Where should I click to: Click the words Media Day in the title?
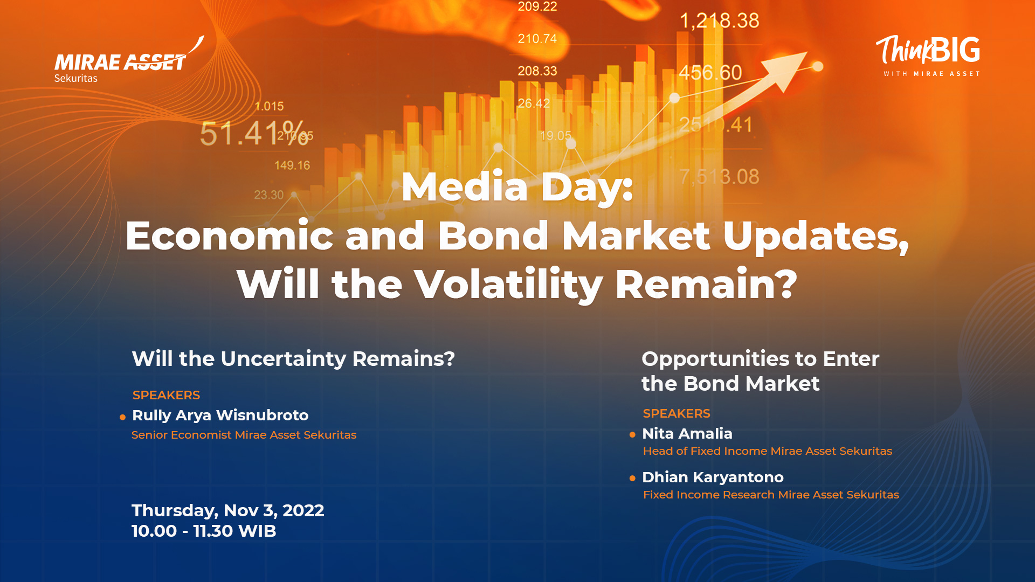click(x=517, y=188)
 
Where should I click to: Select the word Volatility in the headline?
click(x=508, y=284)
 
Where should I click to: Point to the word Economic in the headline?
click(x=230, y=235)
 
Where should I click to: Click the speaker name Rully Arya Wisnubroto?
click(x=220, y=415)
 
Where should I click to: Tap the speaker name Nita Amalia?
click(x=687, y=433)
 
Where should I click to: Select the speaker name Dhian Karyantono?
click(x=713, y=477)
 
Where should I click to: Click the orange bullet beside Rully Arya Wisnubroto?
click(x=122, y=417)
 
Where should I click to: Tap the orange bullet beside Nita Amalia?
click(x=632, y=434)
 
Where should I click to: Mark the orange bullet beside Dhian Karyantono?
click(x=632, y=478)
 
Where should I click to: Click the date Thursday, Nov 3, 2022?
click(x=227, y=511)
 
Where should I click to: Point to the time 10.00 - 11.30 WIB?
click(x=204, y=531)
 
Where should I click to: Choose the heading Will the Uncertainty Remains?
click(x=293, y=359)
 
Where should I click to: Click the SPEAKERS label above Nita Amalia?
click(x=677, y=413)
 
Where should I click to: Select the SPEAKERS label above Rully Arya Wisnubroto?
click(x=166, y=395)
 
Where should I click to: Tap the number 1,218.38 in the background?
click(x=719, y=21)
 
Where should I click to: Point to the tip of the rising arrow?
click(x=807, y=52)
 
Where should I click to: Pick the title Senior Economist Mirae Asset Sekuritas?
click(x=244, y=435)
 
